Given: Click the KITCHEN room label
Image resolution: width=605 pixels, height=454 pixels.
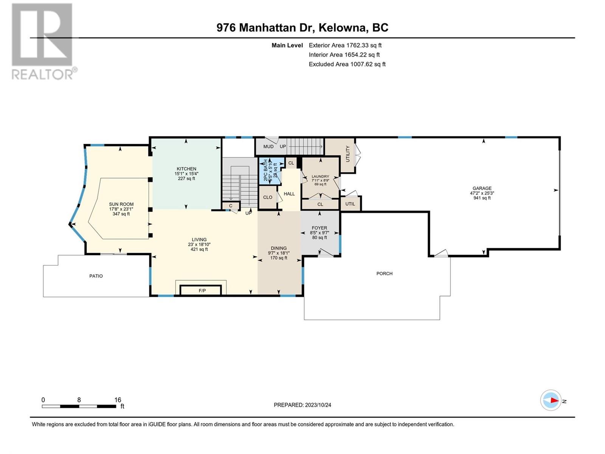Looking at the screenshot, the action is pyautogui.click(x=186, y=169).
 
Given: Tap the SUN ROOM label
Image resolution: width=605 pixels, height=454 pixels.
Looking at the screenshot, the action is pyautogui.click(x=121, y=204).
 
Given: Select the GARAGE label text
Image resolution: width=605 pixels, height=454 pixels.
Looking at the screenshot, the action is pyautogui.click(x=482, y=188).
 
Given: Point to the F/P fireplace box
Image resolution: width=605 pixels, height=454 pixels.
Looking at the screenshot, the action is pyautogui.click(x=201, y=290).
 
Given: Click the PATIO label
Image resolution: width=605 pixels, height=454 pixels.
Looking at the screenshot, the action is pyautogui.click(x=96, y=276).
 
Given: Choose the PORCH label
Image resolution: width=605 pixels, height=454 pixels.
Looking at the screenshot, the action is pyautogui.click(x=385, y=274).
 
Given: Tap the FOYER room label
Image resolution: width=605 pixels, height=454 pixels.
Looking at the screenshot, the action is pyautogui.click(x=320, y=228).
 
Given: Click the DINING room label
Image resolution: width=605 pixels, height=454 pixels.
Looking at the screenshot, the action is pyautogui.click(x=279, y=248).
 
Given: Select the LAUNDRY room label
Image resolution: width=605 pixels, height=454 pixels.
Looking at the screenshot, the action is pyautogui.click(x=320, y=176).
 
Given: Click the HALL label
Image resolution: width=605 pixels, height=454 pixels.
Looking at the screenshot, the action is pyautogui.click(x=289, y=194).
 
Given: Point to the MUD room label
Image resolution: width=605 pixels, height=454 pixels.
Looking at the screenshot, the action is pyautogui.click(x=268, y=147).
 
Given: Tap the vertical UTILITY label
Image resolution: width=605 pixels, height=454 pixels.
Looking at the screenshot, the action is pyautogui.click(x=347, y=154).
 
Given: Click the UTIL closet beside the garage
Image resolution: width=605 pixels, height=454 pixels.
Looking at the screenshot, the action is pyautogui.click(x=350, y=204).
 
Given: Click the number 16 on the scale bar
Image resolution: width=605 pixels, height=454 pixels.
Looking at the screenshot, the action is pyautogui.click(x=118, y=400).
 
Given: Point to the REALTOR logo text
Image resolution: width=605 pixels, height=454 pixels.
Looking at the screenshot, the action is pyautogui.click(x=43, y=75).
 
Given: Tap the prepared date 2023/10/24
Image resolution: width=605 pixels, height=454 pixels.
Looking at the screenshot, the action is pyautogui.click(x=318, y=405).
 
